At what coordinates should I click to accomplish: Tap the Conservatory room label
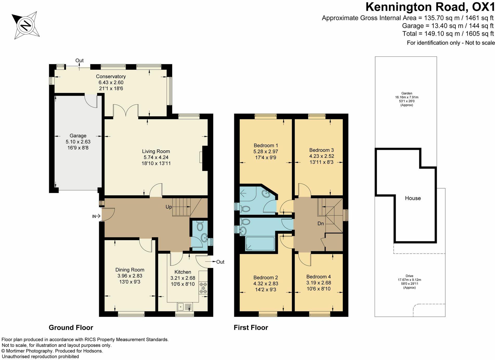click(x=111, y=76)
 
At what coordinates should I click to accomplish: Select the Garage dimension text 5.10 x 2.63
click(x=78, y=142)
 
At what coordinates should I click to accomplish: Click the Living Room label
click(x=156, y=151)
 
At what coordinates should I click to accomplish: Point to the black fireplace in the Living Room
click(x=205, y=158)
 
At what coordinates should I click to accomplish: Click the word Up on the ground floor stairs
click(x=169, y=207)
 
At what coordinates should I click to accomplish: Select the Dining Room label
click(x=130, y=270)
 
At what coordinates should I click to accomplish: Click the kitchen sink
click(x=185, y=307)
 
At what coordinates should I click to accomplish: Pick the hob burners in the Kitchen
click(x=203, y=288)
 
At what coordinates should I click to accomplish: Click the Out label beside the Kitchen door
click(x=220, y=262)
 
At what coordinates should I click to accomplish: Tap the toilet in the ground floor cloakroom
click(x=200, y=226)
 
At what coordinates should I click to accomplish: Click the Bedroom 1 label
click(x=266, y=146)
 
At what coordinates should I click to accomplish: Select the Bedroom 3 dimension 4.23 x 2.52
click(x=322, y=156)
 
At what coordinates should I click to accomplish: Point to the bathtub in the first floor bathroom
click(x=260, y=243)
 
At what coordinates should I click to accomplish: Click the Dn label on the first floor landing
click(x=321, y=223)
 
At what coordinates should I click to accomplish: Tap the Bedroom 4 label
click(x=318, y=277)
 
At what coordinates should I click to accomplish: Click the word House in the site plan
click(x=413, y=198)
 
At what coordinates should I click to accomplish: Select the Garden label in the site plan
click(x=407, y=93)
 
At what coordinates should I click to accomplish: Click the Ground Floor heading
click(x=71, y=327)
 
